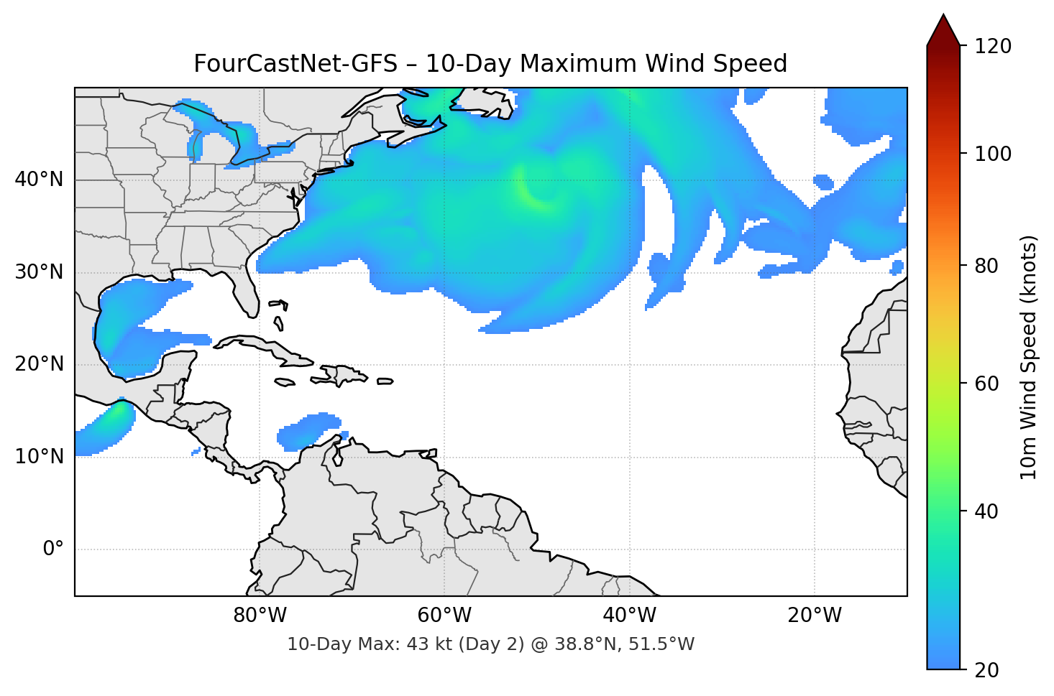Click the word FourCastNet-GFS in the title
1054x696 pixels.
point(295,64)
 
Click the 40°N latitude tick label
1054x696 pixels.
point(39,180)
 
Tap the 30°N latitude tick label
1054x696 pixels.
point(39,272)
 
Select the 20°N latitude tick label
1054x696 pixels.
point(39,364)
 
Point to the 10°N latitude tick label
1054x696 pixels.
point(39,457)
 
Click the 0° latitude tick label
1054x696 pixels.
point(53,549)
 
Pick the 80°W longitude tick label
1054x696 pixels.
point(260,616)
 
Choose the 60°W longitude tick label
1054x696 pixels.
point(444,616)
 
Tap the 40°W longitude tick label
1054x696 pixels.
point(629,616)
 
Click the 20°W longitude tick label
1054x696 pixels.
point(814,616)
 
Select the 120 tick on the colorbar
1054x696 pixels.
point(993,47)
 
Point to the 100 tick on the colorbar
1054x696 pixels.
point(993,154)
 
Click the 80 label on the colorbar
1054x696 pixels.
point(986,266)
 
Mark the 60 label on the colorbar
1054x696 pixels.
point(986,384)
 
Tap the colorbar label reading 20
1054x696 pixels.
point(986,670)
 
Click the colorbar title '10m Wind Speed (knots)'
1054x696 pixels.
point(1029,357)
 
